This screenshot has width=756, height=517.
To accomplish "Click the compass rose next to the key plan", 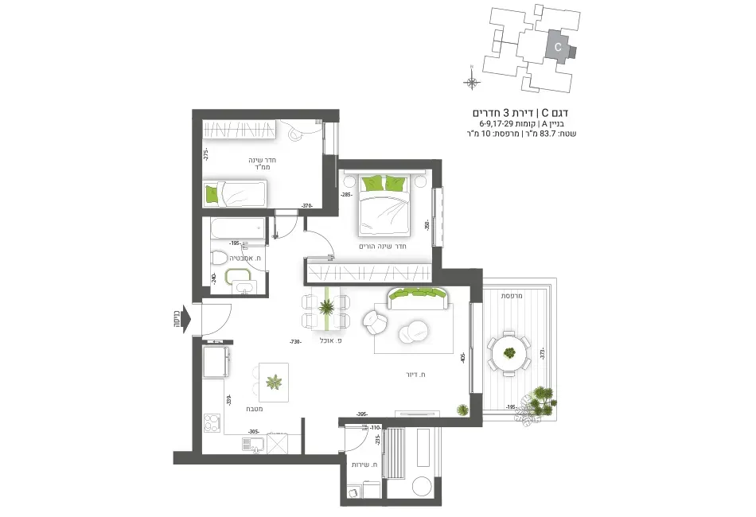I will pos(472,81).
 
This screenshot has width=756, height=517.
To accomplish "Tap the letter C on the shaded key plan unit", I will pos(558,48).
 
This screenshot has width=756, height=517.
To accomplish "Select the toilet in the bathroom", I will pos(218,258).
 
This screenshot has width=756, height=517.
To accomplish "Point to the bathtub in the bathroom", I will pos(236,229).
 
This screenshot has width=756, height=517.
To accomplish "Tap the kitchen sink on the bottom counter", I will pos(251,445).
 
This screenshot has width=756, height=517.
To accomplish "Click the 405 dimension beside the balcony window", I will pos(462,359).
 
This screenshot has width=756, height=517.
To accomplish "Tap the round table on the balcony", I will pos(507,353).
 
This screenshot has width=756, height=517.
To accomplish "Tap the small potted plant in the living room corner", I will pos(462,409).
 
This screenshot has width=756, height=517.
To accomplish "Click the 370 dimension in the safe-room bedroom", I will pos(306,206).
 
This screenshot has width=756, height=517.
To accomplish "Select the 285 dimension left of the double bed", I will pos(346,194).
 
